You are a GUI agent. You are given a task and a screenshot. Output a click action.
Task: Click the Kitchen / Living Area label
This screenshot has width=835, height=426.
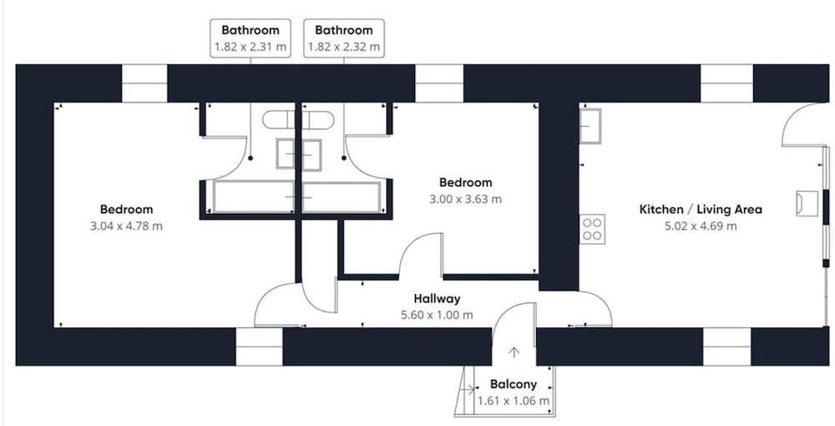(701, 210)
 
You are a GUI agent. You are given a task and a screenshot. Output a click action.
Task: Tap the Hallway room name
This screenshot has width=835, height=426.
(437, 299)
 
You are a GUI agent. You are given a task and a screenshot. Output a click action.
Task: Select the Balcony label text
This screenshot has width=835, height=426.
(514, 384)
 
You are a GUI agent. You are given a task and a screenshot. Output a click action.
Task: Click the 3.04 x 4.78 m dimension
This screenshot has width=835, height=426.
(127, 226)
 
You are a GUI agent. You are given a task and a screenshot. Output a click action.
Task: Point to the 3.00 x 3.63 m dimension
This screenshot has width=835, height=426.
(465, 199)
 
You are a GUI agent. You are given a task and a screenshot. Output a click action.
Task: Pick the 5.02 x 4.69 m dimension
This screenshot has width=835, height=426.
(701, 226)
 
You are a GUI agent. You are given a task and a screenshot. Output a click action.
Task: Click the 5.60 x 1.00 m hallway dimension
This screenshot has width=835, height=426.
(437, 315)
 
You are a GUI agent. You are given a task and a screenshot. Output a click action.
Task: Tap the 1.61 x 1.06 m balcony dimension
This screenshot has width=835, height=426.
(514, 401)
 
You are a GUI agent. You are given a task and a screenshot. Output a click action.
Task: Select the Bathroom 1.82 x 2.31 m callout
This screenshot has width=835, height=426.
(250, 38)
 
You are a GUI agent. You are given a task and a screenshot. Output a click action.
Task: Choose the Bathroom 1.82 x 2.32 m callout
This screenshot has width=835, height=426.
(343, 38)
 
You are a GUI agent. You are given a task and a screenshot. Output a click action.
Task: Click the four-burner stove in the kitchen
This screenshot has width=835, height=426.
(592, 229)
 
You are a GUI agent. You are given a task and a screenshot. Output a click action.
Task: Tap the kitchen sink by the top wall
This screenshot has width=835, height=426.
(590, 126)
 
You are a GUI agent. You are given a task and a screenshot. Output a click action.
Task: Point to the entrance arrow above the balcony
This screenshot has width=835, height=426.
(514, 352)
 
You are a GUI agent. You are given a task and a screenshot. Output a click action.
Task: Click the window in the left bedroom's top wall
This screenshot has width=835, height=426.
(144, 83)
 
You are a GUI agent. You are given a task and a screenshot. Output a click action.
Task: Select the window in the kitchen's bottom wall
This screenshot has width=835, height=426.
(727, 347)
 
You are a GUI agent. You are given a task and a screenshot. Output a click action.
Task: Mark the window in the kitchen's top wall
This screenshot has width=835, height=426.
(726, 83)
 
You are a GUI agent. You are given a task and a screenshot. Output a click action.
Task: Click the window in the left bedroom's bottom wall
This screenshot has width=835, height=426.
(259, 347)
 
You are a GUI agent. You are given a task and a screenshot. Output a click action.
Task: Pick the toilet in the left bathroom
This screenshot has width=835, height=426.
(279, 120)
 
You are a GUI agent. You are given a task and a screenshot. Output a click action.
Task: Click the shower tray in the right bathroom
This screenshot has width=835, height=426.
(342, 198)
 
